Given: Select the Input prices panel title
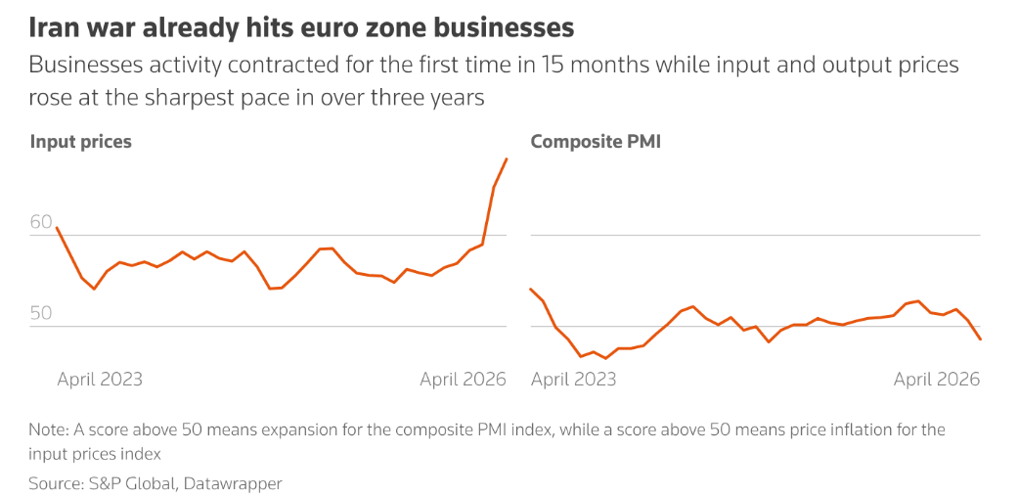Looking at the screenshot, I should click(81, 142).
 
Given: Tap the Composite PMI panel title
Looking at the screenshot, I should click(596, 142).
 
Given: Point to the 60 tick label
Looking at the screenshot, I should click(41, 222).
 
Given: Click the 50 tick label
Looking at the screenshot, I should click(41, 314).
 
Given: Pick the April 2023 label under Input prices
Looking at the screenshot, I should click(100, 379).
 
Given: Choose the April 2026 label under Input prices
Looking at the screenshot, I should click(463, 379).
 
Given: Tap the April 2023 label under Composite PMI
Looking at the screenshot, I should click(574, 379).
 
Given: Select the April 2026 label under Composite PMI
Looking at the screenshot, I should click(937, 379).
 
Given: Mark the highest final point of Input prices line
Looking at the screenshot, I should click(506, 158).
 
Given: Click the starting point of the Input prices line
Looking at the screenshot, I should click(57, 228).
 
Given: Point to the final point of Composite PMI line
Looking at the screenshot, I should click(980, 339).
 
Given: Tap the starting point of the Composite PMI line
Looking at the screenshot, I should click(530, 289).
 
